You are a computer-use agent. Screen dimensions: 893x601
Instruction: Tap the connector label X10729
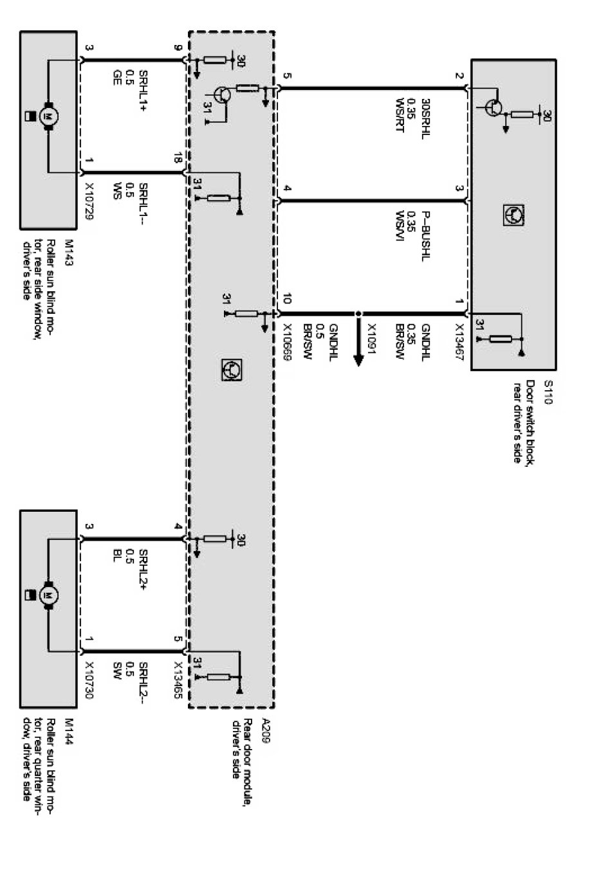89,199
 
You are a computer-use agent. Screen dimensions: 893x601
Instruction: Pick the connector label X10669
287,341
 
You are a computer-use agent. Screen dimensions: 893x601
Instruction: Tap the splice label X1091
371,338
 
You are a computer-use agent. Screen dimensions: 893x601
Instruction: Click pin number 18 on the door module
178,159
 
